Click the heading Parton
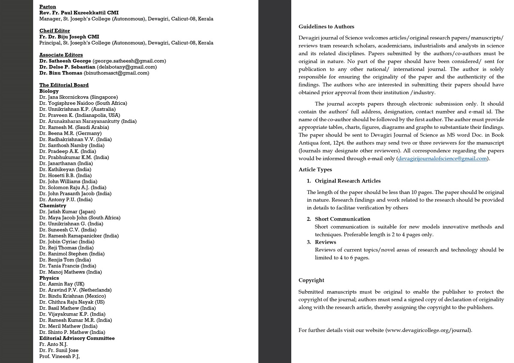pyautogui.click(x=48, y=7)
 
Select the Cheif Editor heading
pyautogui.click(x=54, y=31)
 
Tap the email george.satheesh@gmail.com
pyautogui.click(x=129, y=61)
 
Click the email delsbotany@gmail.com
pyautogui.click(x=127, y=67)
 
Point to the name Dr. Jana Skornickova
pyautogui.click(x=64, y=97)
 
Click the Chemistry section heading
pyautogui.click(x=53, y=205)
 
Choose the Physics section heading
pyautogui.click(x=49, y=278)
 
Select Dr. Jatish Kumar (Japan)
pyautogui.click(x=67, y=211)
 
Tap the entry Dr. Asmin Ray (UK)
pyautogui.click(x=62, y=284)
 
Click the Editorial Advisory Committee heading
pyautogui.click(x=77, y=338)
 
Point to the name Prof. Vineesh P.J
pyautogui.click(x=60, y=356)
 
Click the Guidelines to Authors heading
pyautogui.click(x=326, y=27)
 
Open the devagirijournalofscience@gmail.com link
pyautogui.click(x=442, y=158)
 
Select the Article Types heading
pyautogui.click(x=315, y=170)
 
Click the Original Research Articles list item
pyautogui.click(x=347, y=181)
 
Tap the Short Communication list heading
pyautogui.click(x=342, y=219)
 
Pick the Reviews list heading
pyautogui.click(x=325, y=242)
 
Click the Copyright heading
pyautogui.click(x=311, y=280)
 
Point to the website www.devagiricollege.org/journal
pyautogui.click(x=428, y=330)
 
